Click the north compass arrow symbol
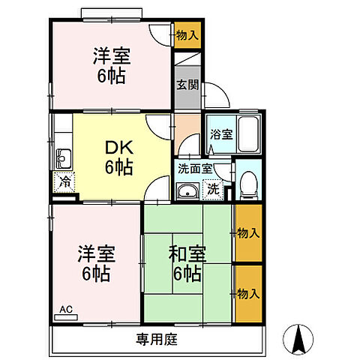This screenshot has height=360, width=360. [x=298, y=339]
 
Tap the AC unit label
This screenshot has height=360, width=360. [x=66, y=310]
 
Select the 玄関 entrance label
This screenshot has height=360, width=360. [x=187, y=85]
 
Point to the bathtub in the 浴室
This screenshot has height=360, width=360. [x=248, y=134]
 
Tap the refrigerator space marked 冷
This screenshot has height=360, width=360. [x=64, y=182]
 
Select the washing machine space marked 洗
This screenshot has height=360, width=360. [x=213, y=189]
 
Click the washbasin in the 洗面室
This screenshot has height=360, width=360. [x=187, y=191]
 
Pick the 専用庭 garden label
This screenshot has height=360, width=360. [x=157, y=339]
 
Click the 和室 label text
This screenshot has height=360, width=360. [x=187, y=254]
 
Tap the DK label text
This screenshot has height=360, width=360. [x=119, y=148]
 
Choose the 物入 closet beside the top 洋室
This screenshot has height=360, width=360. [x=187, y=35]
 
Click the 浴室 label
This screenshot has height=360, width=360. [x=221, y=134]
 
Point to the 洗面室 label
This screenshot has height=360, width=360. [x=195, y=169]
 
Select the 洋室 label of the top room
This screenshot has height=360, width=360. [x=112, y=55]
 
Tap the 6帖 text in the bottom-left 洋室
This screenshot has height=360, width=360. [x=96, y=274]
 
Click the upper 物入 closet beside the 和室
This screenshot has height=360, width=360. [x=249, y=233]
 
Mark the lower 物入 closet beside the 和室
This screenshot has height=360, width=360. [x=249, y=294]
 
